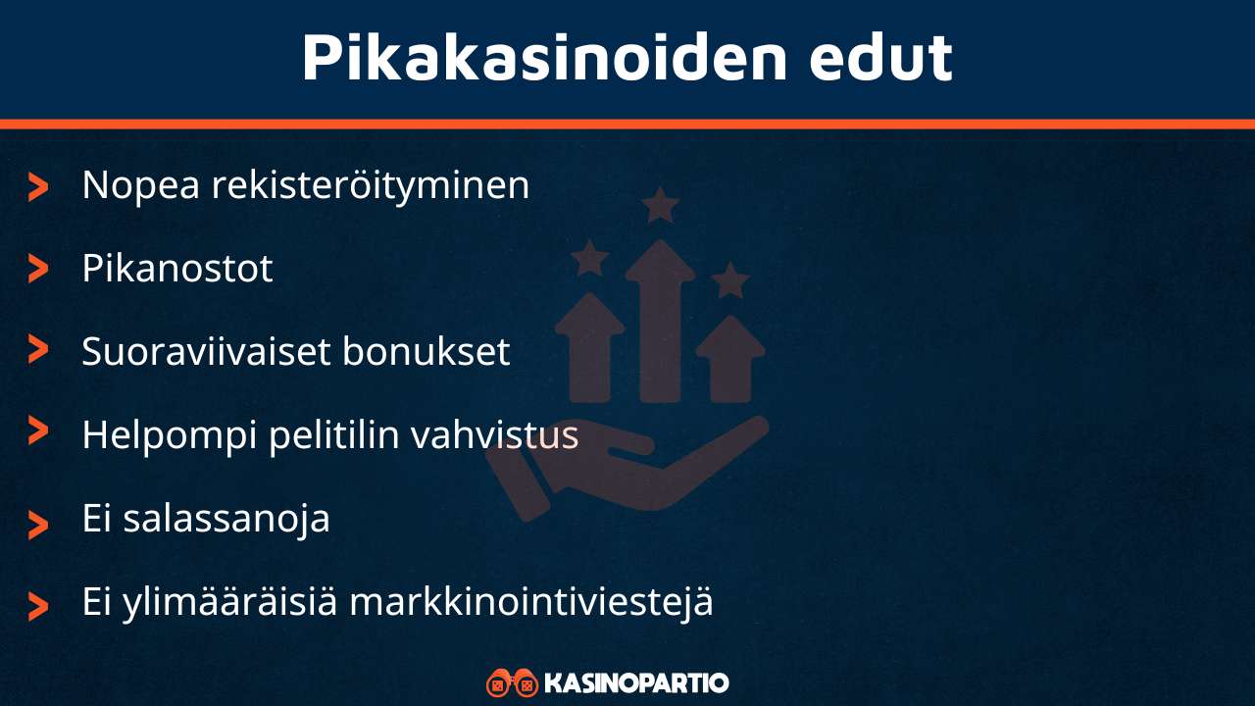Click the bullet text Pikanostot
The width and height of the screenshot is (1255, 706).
click(x=176, y=269)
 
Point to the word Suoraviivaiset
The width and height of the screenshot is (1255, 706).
click(x=205, y=352)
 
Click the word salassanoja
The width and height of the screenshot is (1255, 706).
click(x=226, y=519)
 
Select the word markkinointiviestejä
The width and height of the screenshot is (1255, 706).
click(x=530, y=602)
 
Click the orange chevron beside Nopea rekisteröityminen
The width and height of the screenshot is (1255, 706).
click(x=38, y=186)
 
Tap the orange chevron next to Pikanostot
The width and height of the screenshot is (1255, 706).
click(x=38, y=269)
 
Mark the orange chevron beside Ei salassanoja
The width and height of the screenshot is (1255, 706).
click(x=38, y=524)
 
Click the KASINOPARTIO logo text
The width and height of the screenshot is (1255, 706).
click(x=635, y=682)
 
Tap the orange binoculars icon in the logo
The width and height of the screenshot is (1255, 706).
click(x=512, y=682)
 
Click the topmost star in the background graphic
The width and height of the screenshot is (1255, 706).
click(x=660, y=206)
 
